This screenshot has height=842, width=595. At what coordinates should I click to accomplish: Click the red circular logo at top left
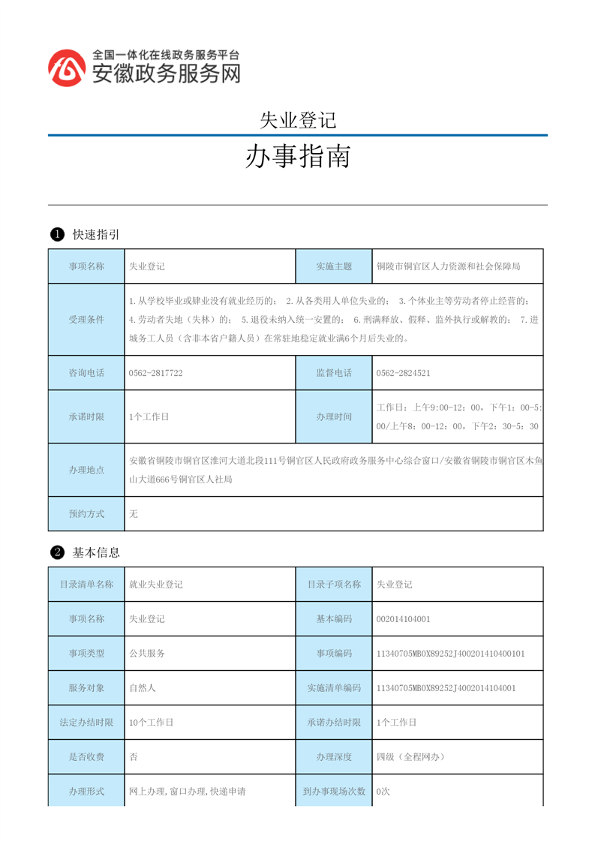tap(67, 68)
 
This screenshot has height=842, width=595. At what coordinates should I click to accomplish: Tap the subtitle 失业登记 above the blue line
tap(297, 119)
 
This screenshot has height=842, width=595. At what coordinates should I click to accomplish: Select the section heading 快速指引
tap(96, 235)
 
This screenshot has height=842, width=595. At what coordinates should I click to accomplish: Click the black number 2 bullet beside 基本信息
tap(56, 553)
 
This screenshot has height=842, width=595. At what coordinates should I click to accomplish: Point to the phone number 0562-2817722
tap(156, 373)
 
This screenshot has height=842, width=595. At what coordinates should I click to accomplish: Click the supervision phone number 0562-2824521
tap(403, 373)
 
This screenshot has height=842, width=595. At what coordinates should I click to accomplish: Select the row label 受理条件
tap(86, 320)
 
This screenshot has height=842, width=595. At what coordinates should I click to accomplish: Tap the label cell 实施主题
tap(334, 266)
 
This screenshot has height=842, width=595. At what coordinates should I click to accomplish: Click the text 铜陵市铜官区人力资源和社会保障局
tap(448, 266)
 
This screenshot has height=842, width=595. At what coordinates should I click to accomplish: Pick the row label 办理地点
tap(86, 470)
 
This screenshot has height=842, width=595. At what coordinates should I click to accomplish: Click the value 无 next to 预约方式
tap(134, 514)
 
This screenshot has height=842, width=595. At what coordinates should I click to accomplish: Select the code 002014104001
tap(403, 620)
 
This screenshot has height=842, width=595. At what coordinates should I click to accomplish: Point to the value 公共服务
tap(147, 654)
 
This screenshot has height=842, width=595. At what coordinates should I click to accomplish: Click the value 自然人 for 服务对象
tap(143, 687)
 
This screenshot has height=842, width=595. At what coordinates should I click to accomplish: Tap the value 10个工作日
tap(152, 723)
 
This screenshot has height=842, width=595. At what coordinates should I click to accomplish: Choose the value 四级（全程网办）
tap(410, 757)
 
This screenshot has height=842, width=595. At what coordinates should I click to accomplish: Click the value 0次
tap(383, 792)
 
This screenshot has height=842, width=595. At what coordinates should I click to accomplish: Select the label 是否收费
tap(86, 757)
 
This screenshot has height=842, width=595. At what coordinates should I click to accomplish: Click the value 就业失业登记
tap(156, 585)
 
